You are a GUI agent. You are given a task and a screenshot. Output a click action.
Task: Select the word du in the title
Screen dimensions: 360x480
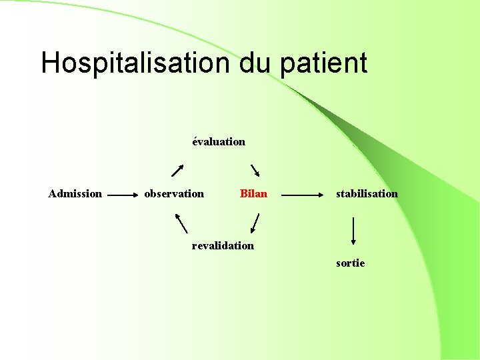click(x=255, y=63)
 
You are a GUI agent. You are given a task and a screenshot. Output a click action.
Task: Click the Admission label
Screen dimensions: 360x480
click(x=75, y=194)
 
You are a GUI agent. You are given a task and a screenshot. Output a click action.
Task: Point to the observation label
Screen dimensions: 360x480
click(x=174, y=194)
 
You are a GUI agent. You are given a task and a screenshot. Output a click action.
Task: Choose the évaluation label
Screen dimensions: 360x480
click(x=219, y=141)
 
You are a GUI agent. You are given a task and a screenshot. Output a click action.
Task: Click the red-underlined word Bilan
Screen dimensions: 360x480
click(x=253, y=194)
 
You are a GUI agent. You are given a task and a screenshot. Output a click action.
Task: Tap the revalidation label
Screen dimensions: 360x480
click(x=223, y=245)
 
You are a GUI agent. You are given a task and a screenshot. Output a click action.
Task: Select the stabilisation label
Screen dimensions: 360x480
click(x=367, y=194)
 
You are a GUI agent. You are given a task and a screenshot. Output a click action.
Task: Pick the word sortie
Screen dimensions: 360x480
click(x=351, y=263)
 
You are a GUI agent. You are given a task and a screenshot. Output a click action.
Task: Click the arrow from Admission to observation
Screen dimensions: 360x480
click(x=122, y=196)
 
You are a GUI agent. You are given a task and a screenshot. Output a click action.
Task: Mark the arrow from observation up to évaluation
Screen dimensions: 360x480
click(x=177, y=169)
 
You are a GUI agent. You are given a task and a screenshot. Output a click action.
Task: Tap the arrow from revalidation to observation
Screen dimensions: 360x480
click(x=181, y=223)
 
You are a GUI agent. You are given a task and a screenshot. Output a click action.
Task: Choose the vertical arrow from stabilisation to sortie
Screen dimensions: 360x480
click(x=353, y=231)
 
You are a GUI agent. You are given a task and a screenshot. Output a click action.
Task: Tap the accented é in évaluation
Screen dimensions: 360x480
click(x=195, y=141)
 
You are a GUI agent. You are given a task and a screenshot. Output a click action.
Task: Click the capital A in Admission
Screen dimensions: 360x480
click(x=53, y=194)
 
